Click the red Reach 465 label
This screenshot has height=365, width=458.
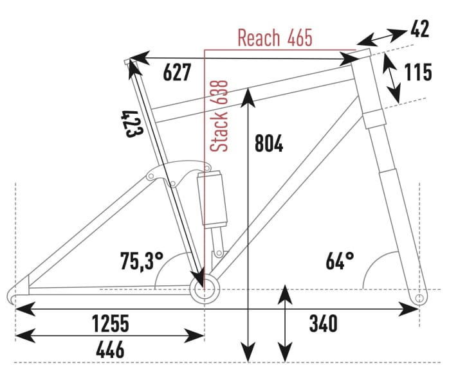pyautogui.click(x=275, y=38)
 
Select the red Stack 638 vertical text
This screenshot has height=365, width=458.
pyautogui.click(x=221, y=116)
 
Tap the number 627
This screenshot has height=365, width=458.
pyautogui.click(x=177, y=73)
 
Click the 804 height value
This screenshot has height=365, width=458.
pyautogui.click(x=269, y=144)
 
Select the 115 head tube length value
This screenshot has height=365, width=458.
pyautogui.click(x=417, y=73)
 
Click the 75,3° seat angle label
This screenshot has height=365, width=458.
pyautogui.click(x=142, y=262)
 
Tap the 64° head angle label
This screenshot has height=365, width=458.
pyautogui.click(x=340, y=262)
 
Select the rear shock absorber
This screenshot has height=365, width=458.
pyautogui.click(x=212, y=199)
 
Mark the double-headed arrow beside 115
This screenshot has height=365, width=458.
pyautogui.click(x=392, y=78)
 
